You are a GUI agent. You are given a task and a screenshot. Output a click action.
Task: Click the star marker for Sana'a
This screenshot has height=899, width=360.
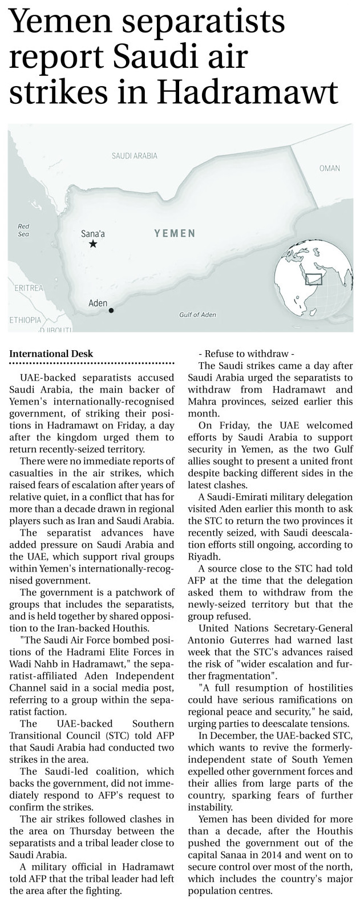point(93,244)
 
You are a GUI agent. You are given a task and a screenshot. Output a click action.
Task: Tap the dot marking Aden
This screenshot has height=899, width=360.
point(111,310)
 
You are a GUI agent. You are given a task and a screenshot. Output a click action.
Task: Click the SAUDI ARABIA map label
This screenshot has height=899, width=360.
point(134,156)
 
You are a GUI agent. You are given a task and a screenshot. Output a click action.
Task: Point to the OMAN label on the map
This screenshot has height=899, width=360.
point(329,168)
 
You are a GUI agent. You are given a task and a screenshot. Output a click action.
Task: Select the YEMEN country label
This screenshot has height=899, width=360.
point(175,233)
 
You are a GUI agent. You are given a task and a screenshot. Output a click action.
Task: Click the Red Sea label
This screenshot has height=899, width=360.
point(23,230)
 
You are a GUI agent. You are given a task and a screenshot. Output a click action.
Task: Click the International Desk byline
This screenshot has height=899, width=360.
point(51,354)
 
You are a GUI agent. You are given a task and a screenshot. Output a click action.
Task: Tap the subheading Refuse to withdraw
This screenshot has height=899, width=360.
point(246,352)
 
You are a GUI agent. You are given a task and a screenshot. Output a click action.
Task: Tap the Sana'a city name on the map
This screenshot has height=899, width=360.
point(93,233)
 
